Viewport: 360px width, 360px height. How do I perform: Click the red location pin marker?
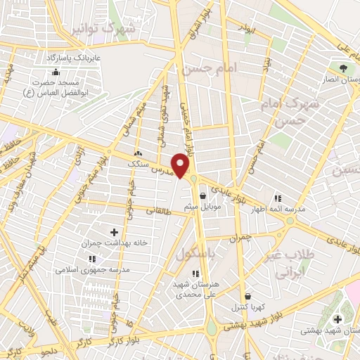pyautogui.click(x=181, y=165)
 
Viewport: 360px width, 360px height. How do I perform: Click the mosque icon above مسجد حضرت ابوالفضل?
pyautogui.click(x=56, y=72)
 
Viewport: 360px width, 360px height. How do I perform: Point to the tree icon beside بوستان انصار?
pyautogui.click(x=342, y=68)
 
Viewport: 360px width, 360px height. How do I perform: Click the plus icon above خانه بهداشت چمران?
pyautogui.click(x=114, y=231)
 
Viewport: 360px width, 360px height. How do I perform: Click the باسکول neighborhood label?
pyautogui.click(x=194, y=253)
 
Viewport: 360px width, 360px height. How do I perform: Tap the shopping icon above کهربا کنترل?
pyautogui.click(x=247, y=297)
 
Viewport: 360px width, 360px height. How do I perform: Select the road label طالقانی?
pyautogui.click(x=159, y=210)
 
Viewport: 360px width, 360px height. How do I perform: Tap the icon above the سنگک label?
pyautogui.click(x=138, y=153)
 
